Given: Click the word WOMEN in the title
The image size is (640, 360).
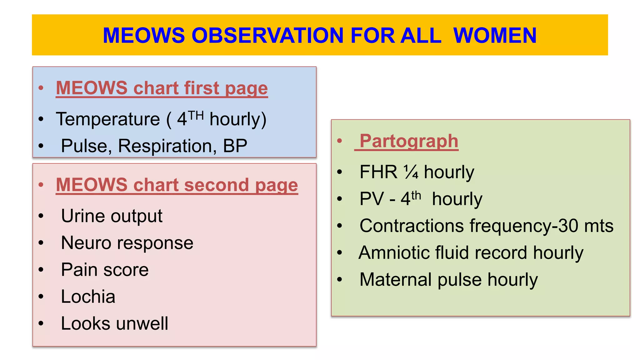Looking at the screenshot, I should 495,35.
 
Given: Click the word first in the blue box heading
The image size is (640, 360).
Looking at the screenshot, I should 202,88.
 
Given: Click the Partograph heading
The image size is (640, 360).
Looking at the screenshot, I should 409,141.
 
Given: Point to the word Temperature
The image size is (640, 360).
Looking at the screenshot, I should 108,119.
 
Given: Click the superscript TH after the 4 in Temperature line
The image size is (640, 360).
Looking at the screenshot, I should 196,116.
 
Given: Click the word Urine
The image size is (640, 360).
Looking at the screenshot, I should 83,216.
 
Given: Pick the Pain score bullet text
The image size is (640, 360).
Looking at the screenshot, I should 105,270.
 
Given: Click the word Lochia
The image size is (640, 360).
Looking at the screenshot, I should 88,297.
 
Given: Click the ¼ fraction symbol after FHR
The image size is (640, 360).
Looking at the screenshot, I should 411,172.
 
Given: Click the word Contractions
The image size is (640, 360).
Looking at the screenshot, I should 412,226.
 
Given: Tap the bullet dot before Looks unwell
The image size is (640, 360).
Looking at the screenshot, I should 41,323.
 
